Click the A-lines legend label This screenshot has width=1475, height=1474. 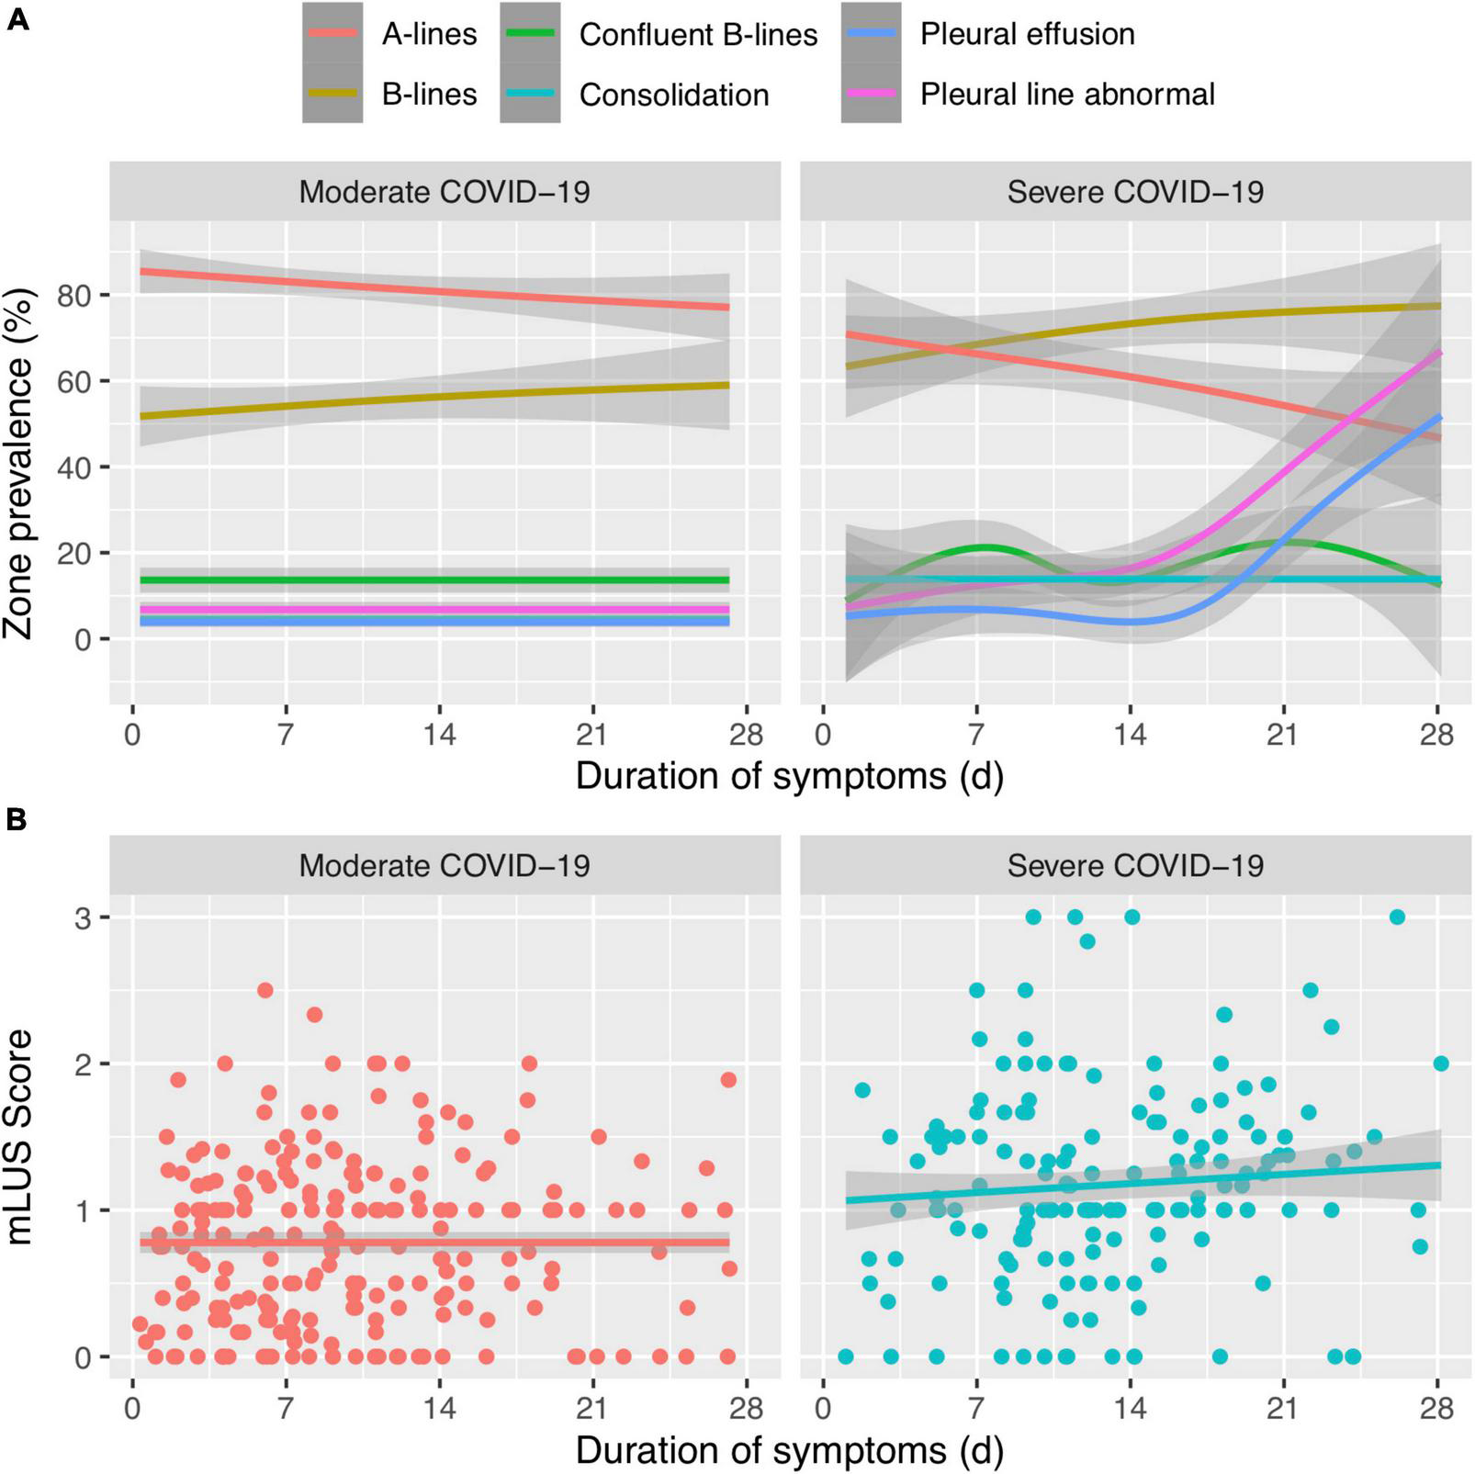[x=429, y=35]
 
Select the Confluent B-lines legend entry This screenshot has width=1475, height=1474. [x=698, y=35]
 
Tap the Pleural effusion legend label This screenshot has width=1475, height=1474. [x=1027, y=35]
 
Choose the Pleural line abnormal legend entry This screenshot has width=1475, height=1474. [x=1067, y=95]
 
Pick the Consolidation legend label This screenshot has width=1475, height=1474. [x=673, y=95]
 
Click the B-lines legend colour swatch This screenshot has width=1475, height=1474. [x=332, y=94]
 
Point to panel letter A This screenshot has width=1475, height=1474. [x=17, y=18]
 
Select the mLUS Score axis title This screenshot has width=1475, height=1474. [x=18, y=1136]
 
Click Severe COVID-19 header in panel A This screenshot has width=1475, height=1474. [x=1135, y=192]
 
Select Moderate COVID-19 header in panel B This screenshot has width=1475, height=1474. [x=445, y=866]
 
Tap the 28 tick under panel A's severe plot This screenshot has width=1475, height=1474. [x=1437, y=735]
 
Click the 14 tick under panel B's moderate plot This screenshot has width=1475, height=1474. [x=440, y=1408]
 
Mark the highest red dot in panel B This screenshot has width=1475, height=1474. [x=265, y=990]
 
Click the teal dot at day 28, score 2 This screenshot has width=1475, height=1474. [x=1440, y=1063]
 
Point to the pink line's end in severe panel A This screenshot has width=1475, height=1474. [x=1438, y=353]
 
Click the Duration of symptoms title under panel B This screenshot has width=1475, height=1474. [x=789, y=1451]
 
